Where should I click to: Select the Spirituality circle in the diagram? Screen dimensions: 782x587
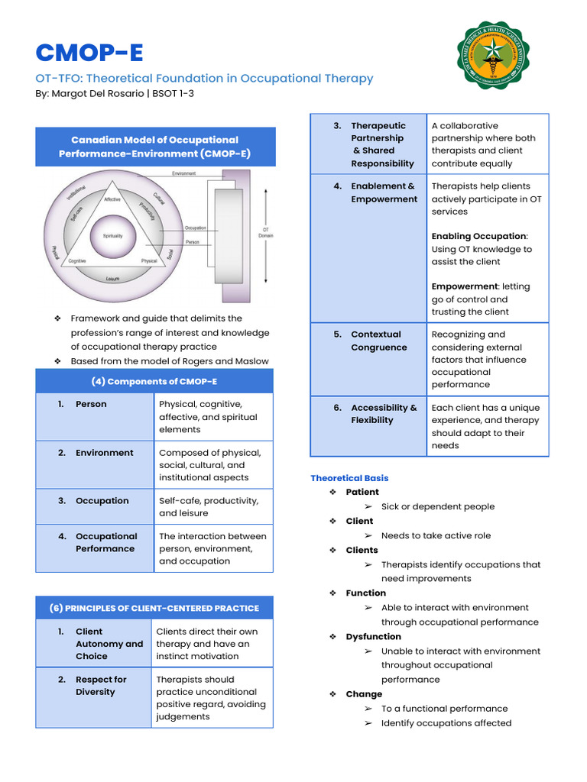click(x=112, y=236)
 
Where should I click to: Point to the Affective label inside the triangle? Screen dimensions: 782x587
click(x=112, y=199)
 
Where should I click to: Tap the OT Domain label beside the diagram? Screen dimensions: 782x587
click(x=266, y=232)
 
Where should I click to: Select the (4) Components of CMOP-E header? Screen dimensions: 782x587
click(x=154, y=381)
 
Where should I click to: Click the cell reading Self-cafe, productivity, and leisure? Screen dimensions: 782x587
click(x=208, y=506)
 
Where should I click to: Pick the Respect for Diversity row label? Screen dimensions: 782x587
click(x=101, y=685)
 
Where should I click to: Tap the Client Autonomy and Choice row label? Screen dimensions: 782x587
click(x=109, y=643)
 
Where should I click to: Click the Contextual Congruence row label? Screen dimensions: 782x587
click(x=378, y=341)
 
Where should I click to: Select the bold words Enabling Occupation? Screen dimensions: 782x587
click(x=478, y=236)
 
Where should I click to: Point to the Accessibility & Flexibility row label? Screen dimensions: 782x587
click(x=384, y=414)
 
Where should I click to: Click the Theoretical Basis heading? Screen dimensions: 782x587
click(x=349, y=478)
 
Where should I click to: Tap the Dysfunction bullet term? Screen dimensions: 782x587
click(x=373, y=636)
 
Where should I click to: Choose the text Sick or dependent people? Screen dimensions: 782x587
click(x=437, y=506)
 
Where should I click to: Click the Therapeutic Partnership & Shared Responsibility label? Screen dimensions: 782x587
click(x=381, y=144)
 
